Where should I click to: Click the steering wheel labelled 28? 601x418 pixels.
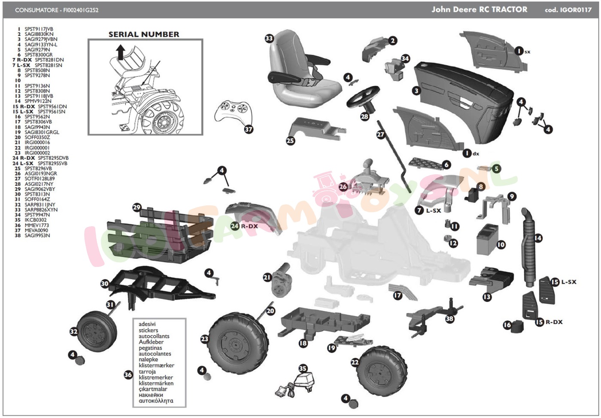click(363, 96)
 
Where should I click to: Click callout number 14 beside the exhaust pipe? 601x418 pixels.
click(538, 238)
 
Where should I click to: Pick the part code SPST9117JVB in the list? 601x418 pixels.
click(39, 29)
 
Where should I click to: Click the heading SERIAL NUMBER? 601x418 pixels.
click(144, 34)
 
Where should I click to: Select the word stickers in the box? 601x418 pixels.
click(148, 330)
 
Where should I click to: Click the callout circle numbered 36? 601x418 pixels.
click(128, 375)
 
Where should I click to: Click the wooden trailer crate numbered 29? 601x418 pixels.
click(161, 232)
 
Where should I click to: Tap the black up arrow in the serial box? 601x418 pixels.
click(121, 52)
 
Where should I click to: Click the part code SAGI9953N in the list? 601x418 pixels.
click(37, 236)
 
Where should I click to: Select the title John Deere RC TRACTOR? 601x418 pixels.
click(479, 9)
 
